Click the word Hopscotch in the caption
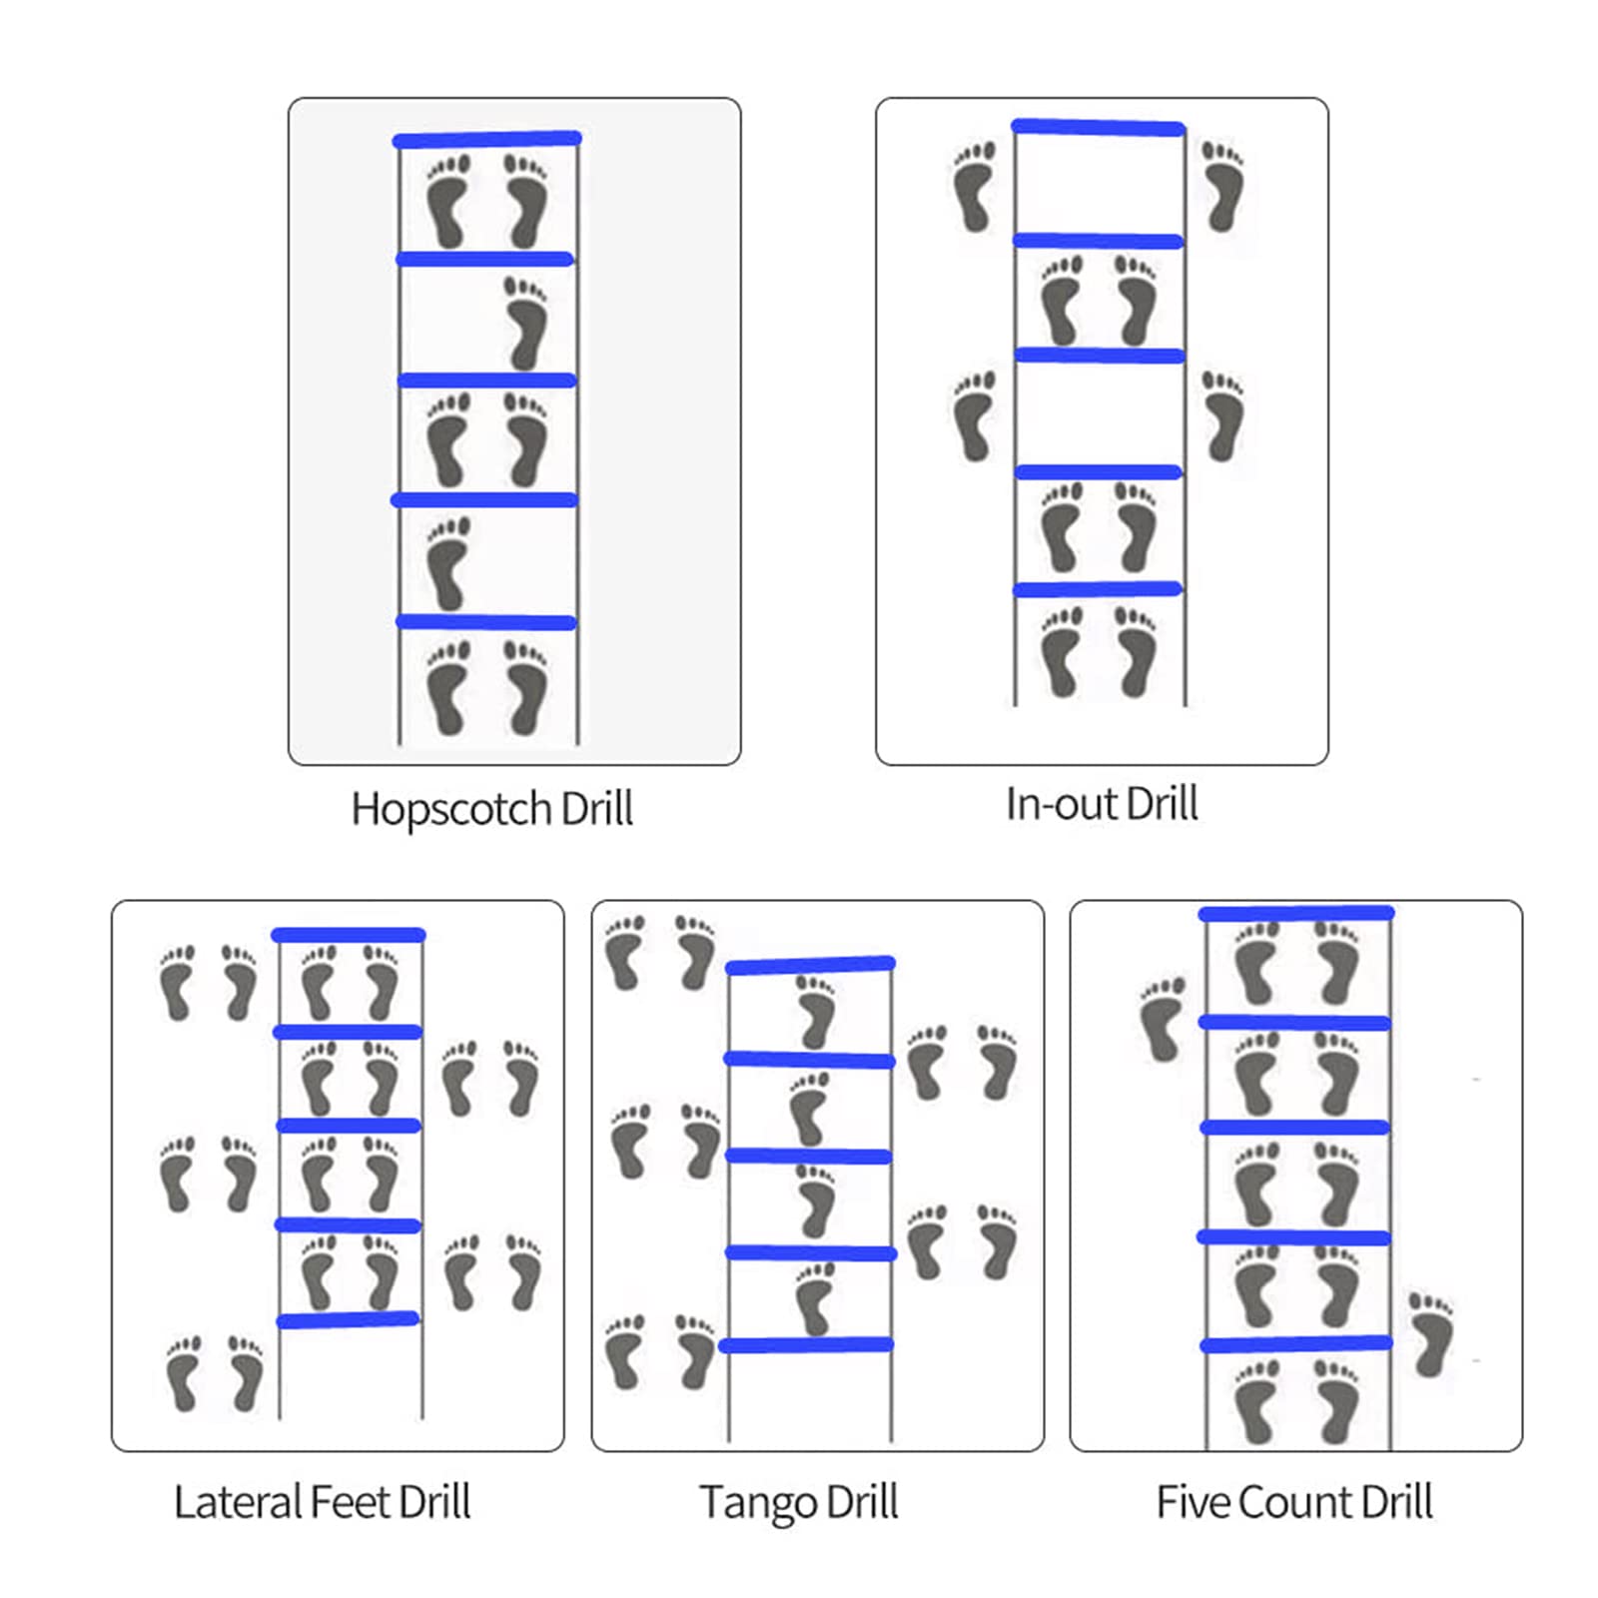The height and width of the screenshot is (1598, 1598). point(450,809)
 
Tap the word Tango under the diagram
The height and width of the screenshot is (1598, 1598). point(757,1502)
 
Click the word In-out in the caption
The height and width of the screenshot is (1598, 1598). point(1061,804)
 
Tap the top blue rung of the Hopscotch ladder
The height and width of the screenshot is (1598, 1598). point(487,140)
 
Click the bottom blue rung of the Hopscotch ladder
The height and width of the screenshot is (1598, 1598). point(486,622)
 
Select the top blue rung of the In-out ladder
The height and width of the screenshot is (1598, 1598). point(1098,127)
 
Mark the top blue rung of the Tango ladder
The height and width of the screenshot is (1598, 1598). point(810,965)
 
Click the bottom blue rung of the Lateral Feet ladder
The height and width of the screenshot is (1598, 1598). point(348,1320)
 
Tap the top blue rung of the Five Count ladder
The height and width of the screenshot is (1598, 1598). point(1296,913)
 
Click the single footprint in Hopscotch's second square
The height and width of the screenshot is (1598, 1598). point(526,323)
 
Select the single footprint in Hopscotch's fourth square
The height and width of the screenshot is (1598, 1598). point(448,562)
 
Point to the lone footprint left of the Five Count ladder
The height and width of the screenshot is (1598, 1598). point(1163,1019)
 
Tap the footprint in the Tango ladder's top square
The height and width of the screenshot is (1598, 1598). point(816,1012)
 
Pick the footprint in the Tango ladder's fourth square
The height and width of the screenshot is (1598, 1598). point(814,1298)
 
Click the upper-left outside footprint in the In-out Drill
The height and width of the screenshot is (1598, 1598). point(974,187)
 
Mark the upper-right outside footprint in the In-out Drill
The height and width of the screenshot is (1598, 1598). point(1222,187)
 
